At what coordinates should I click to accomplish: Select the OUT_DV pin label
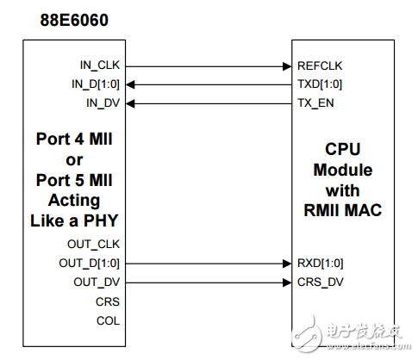point(97,282)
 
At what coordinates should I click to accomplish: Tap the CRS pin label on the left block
point(109,301)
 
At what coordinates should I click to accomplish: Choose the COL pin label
point(109,320)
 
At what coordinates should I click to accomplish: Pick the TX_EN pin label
point(315,103)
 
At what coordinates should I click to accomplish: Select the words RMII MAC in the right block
point(342,208)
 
